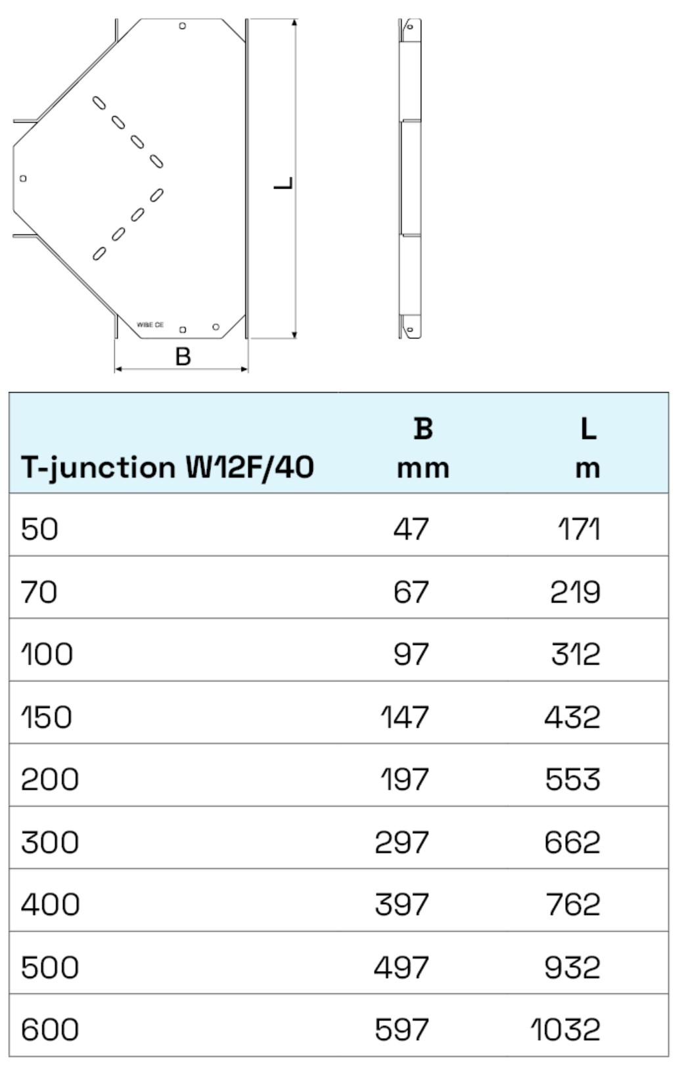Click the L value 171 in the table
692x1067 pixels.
579,529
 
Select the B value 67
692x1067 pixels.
411,592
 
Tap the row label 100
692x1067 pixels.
47,654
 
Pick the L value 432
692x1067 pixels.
572,717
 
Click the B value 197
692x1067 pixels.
405,780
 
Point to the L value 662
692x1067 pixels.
572,842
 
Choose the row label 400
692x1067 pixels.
50,905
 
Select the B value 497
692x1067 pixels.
402,967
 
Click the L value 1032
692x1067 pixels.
566,1030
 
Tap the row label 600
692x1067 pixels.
50,1030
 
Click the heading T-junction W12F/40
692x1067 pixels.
168,468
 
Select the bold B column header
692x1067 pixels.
423,429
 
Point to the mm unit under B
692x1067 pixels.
423,468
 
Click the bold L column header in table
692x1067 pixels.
588,429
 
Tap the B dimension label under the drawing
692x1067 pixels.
183,357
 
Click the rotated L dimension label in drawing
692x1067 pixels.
283,183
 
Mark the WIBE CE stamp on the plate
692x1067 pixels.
150,325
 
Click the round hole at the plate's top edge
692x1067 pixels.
183,26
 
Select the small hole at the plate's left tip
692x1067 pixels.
24,178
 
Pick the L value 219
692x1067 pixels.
576,592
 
